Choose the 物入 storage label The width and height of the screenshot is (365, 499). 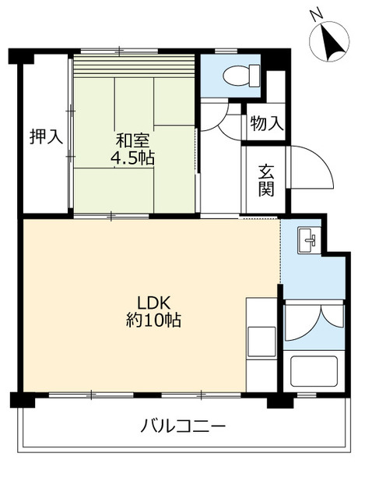pyautogui.click(x=265, y=122)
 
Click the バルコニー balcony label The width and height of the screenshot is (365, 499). pyautogui.click(x=184, y=426)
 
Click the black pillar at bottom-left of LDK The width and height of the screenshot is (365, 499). pyautogui.click(x=23, y=400)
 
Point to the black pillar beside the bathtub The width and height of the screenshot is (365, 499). pyautogui.click(x=279, y=401)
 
